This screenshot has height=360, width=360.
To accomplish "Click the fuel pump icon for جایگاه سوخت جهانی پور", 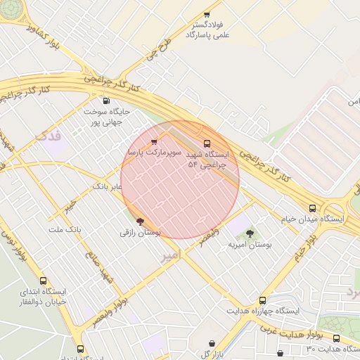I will point(106,101).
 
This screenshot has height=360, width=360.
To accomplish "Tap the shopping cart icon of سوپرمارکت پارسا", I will point(154,141).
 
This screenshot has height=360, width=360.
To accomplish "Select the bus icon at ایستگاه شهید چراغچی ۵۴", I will point(206,143).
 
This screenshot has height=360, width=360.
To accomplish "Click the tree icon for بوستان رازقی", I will point(140,221).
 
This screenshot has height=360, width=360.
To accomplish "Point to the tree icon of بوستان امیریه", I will point(250,233).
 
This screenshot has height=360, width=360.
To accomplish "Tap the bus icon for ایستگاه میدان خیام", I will point(312,208).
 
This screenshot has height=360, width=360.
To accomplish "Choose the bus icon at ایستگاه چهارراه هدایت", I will point(263,300).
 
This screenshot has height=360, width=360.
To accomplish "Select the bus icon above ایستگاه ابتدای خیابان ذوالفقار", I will point(44,281).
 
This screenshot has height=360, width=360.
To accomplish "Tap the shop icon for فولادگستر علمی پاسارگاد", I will point(207,15).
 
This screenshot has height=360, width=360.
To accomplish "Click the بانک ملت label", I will point(65,230).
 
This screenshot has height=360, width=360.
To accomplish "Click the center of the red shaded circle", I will point(180,179).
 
